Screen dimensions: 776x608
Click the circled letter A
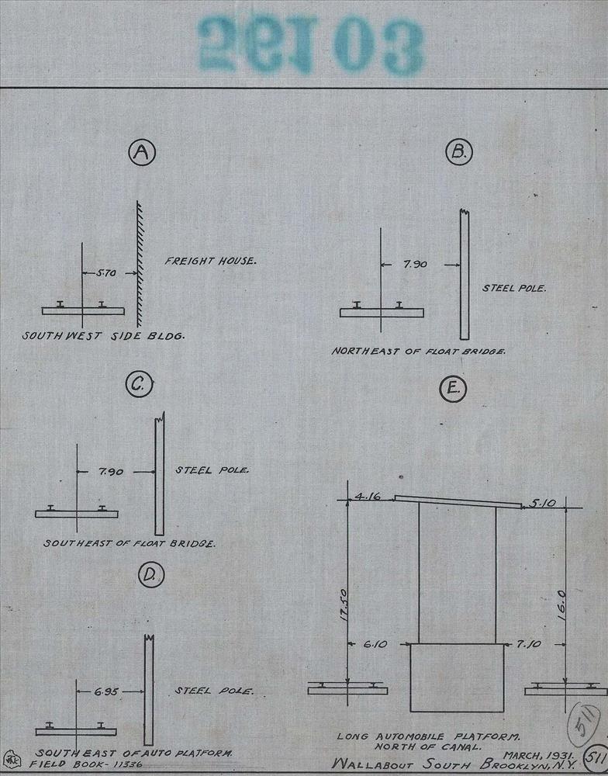point(141,154)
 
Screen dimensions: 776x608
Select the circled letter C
point(140,385)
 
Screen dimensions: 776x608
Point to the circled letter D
point(150,575)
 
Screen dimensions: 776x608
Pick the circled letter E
point(452,390)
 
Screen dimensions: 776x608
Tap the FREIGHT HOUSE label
point(209,262)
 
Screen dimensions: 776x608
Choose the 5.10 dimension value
point(543,504)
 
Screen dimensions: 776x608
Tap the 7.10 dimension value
point(534,644)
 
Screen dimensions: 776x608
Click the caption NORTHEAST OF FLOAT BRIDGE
point(419,352)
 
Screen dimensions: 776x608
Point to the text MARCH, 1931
point(538,754)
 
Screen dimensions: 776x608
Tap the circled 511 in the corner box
point(596,757)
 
